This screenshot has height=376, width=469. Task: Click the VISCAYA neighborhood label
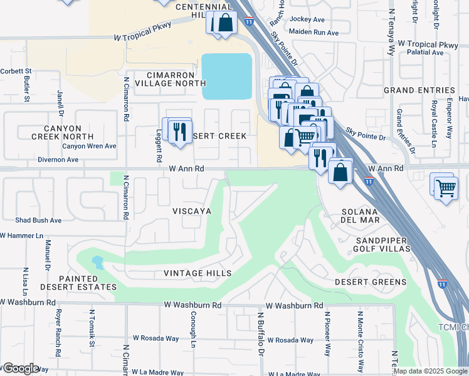click(x=192, y=212)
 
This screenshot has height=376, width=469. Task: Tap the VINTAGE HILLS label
click(x=198, y=273)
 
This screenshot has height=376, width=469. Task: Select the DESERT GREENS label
click(x=370, y=282)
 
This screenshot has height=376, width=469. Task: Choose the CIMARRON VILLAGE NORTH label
click(x=167, y=78)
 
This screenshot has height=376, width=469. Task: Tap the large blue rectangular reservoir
click(x=226, y=76)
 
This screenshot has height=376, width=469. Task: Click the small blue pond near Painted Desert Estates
click(x=97, y=261)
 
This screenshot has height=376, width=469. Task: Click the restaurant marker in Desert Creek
click(x=179, y=132)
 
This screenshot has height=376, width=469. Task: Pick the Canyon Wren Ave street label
click(x=89, y=146)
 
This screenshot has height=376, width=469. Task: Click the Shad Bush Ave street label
click(x=38, y=221)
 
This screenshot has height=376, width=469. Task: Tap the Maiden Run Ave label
click(x=314, y=33)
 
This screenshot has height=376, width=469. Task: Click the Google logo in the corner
click(x=20, y=368)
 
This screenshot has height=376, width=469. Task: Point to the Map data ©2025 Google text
click(x=430, y=371)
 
